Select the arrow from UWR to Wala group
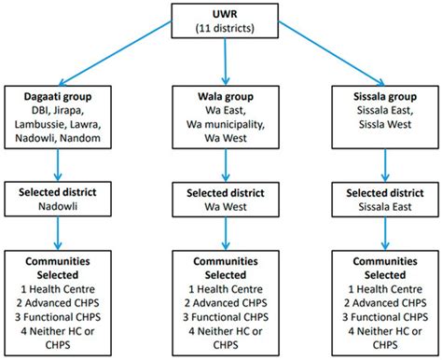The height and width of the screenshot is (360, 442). (x=225, y=62)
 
